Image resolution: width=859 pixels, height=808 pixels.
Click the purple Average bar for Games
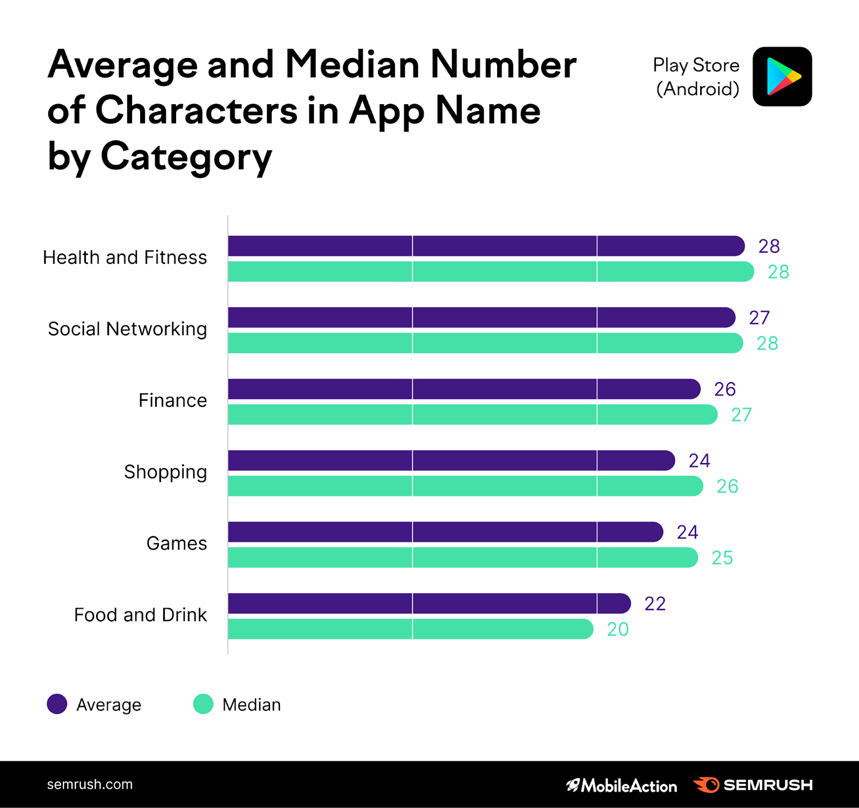[x=446, y=532]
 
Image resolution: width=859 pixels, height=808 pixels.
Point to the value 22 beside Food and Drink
[x=655, y=604]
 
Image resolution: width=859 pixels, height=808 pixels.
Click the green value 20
[x=617, y=629]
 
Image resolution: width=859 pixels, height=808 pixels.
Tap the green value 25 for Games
[x=722, y=558]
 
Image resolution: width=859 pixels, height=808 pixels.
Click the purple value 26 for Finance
[x=725, y=389]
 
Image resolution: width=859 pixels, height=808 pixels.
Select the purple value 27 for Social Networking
[x=759, y=318]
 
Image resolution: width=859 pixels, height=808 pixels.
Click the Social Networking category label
[x=127, y=329]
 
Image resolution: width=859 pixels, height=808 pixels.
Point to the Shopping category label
[x=165, y=472]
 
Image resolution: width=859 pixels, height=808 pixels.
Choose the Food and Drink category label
[x=140, y=615]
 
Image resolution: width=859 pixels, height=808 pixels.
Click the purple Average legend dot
[x=57, y=704]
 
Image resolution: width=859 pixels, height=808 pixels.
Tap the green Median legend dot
[x=203, y=704]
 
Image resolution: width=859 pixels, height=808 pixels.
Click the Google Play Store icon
[x=782, y=76]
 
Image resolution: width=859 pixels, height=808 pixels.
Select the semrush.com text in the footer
[x=90, y=784]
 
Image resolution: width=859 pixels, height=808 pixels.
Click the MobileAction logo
[x=622, y=785]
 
